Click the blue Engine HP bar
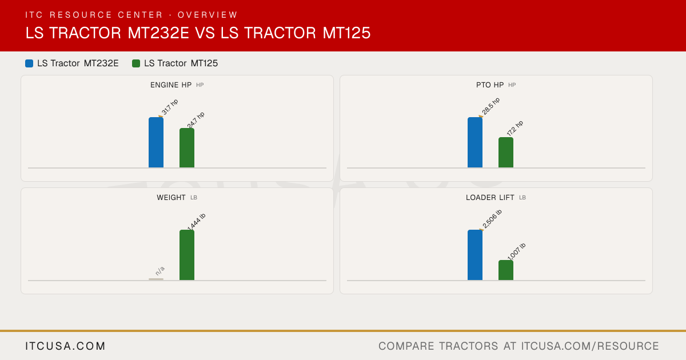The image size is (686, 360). (x=156, y=142)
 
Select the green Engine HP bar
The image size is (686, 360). (x=187, y=148)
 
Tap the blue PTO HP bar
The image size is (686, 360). (x=475, y=142)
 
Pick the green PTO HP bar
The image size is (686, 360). (x=506, y=153)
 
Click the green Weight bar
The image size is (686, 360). (x=187, y=255)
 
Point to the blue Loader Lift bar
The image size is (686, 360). (x=475, y=255)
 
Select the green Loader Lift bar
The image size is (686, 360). (x=506, y=270)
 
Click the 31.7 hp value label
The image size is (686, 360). (x=170, y=107)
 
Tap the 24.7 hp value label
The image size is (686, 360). (x=196, y=120)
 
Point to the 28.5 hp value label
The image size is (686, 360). (x=490, y=106)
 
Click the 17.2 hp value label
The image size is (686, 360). (x=515, y=128)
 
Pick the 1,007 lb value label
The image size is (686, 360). (x=516, y=251)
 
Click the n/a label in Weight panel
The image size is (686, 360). (x=160, y=271)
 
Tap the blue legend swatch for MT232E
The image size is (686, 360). (x=29, y=63)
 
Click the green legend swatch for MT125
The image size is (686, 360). (x=136, y=63)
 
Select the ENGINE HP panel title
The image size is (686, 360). (x=171, y=85)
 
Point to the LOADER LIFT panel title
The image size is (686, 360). (x=490, y=198)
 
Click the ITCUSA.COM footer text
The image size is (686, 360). (x=65, y=346)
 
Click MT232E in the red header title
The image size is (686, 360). (x=158, y=33)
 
